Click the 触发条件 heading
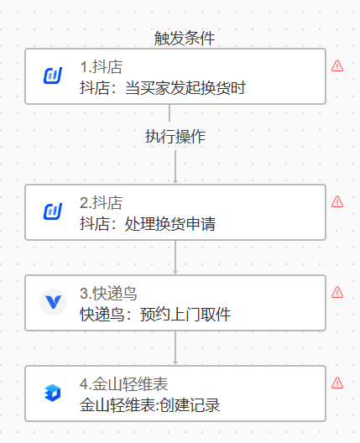pyautogui.click(x=185, y=38)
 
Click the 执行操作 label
pyautogui.click(x=175, y=137)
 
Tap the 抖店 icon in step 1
pyautogui.click(x=53, y=76)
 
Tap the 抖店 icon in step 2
pyautogui.click(x=53, y=211)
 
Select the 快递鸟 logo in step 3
pyautogui.click(x=53, y=302)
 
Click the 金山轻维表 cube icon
pyautogui.click(x=53, y=393)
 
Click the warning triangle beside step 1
pyautogui.click(x=337, y=65)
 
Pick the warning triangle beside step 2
pyautogui.click(x=337, y=201)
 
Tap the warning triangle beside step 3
pyautogui.click(x=337, y=292)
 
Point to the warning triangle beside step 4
pyautogui.click(x=337, y=383)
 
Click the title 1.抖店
pyautogui.click(x=102, y=67)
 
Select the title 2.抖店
pyautogui.click(x=102, y=203)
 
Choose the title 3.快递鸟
pyautogui.click(x=108, y=294)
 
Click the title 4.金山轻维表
pyautogui.click(x=123, y=384)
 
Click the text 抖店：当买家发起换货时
pyautogui.click(x=163, y=88)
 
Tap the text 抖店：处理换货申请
pyautogui.click(x=148, y=224)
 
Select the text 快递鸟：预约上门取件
pyautogui.click(x=155, y=315)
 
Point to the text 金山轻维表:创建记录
pyautogui.click(x=149, y=405)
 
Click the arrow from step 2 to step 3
pyautogui.click(x=175, y=257)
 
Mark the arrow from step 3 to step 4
pyautogui.click(x=175, y=348)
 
